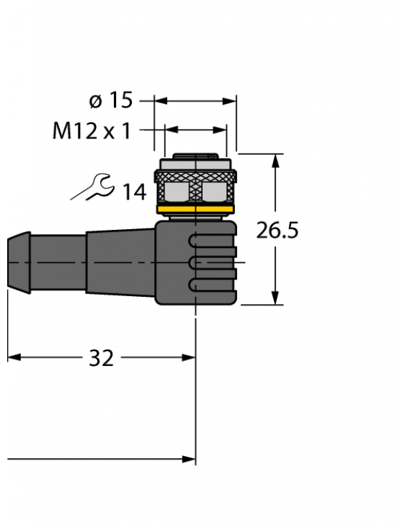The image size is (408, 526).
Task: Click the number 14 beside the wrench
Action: [133, 192]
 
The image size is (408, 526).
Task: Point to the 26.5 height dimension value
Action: [278, 231]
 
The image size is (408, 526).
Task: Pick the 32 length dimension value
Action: [101, 358]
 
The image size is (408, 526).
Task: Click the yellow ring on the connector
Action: [195, 210]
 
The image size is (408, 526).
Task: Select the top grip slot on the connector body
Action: [209, 241]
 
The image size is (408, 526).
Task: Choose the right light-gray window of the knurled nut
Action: [214, 190]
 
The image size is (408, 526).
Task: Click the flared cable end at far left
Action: [19, 262]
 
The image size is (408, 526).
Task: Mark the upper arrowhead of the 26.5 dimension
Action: [275, 160]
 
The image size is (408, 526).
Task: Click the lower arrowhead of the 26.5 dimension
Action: [275, 298]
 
